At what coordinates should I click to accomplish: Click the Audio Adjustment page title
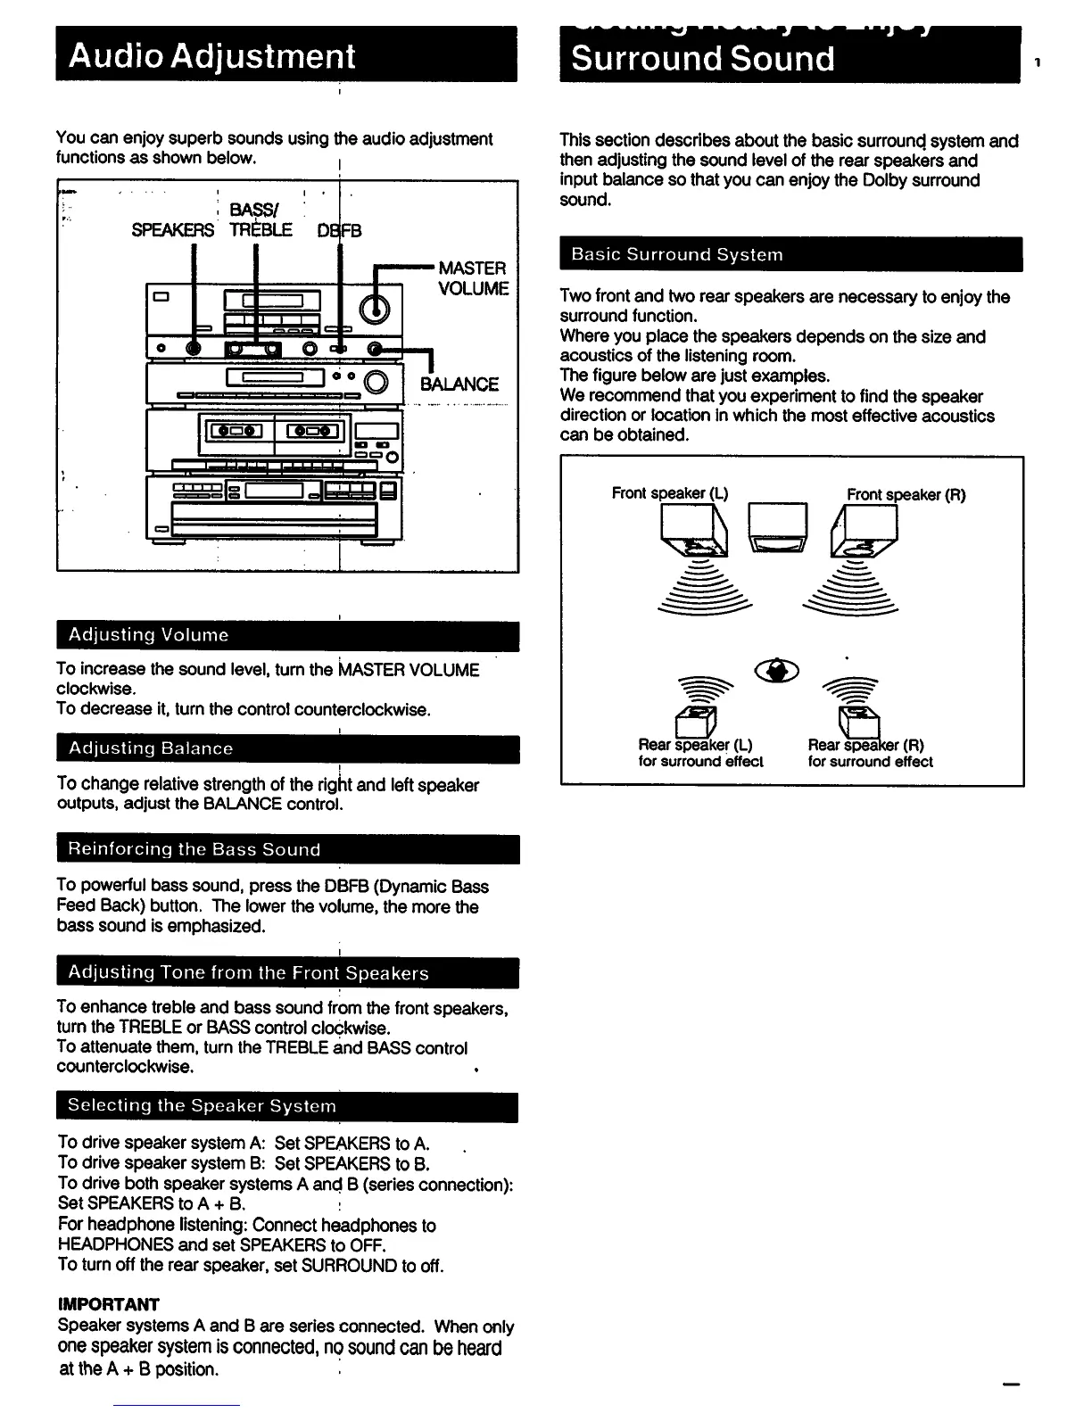pyautogui.click(x=212, y=56)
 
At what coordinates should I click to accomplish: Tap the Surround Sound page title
pyautogui.click(x=703, y=59)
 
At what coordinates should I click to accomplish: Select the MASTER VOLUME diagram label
pyautogui.click(x=472, y=278)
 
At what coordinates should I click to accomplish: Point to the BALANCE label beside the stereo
pyautogui.click(x=459, y=384)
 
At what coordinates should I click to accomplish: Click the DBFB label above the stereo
pyautogui.click(x=339, y=230)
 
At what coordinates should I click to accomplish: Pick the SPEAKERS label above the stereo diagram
pyautogui.click(x=172, y=230)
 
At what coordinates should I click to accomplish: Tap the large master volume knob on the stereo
pyautogui.click(x=375, y=309)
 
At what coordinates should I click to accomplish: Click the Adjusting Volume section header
pyautogui.click(x=149, y=635)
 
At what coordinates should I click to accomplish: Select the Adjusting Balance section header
pyautogui.click(x=151, y=748)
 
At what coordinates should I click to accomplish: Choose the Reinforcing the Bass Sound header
pyautogui.click(x=194, y=849)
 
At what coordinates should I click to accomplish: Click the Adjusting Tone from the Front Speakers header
pyautogui.click(x=248, y=972)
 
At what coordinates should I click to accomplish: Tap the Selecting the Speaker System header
pyautogui.click(x=202, y=1106)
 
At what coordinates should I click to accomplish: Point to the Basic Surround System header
pyautogui.click(x=677, y=254)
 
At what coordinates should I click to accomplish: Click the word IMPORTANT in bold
pyautogui.click(x=108, y=1304)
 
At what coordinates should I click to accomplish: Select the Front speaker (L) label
pyautogui.click(x=670, y=493)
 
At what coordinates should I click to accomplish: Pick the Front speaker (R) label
pyautogui.click(x=906, y=495)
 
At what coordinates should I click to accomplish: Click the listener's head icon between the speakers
pyautogui.click(x=777, y=670)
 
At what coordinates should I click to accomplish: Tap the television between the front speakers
pyautogui.click(x=777, y=525)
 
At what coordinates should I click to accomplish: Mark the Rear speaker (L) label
pyautogui.click(x=695, y=745)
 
